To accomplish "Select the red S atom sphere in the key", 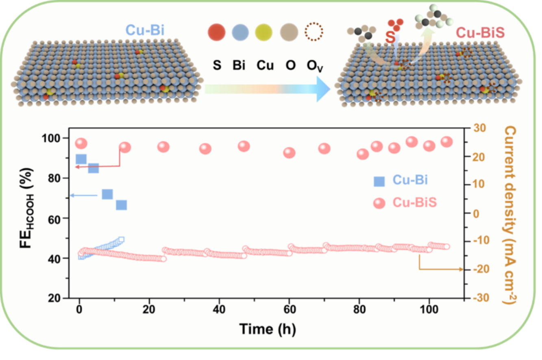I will pos(216,32).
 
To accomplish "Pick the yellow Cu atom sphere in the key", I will pos(265,32).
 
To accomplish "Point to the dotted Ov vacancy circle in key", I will pos(314,32).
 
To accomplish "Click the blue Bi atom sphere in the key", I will pos(241,32).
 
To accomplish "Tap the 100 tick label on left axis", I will pos(52,138).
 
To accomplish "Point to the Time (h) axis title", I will pos(267,328).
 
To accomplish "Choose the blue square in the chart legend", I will pos(379,181).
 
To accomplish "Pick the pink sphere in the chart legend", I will pos(379,203).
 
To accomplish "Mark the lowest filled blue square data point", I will pos(121,205).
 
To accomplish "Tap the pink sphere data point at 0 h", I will pos(81,143).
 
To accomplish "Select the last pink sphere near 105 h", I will pos(447,141).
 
